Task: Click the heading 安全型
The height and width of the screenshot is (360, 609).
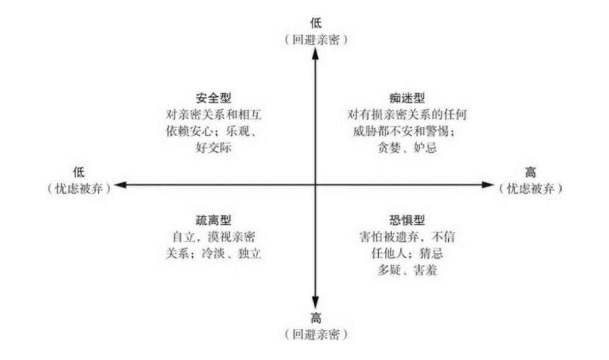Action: [x=213, y=98]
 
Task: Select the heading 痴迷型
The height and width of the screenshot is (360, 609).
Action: [x=407, y=98]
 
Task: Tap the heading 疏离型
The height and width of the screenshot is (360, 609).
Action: [x=213, y=220]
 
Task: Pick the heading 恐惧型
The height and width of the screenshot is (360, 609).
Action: [x=407, y=220]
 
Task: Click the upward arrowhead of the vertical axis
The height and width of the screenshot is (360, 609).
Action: [x=315, y=54]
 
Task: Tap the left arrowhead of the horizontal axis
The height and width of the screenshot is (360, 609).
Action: [x=121, y=185]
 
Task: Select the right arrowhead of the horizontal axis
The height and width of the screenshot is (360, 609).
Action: [x=487, y=185]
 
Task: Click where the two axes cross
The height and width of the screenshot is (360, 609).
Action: [x=315, y=185]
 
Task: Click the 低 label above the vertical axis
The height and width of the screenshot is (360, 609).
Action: [x=315, y=23]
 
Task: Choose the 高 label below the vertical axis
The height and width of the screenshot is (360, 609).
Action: [x=315, y=319]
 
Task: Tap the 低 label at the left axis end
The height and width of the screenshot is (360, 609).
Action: [x=79, y=172]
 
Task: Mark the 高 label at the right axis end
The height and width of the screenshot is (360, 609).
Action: [x=530, y=172]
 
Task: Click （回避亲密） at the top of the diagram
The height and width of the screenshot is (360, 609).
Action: [x=315, y=40]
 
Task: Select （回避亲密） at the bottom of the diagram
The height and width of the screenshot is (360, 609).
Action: [x=315, y=334]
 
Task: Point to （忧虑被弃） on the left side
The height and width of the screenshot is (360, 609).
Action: [x=79, y=189]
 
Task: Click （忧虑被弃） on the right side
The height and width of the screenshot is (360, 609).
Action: [x=531, y=189]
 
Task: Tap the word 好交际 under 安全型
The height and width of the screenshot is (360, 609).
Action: [x=213, y=147]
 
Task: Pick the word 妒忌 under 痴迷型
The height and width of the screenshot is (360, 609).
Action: [x=425, y=147]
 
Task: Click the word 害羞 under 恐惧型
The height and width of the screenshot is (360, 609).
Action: [x=425, y=270]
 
